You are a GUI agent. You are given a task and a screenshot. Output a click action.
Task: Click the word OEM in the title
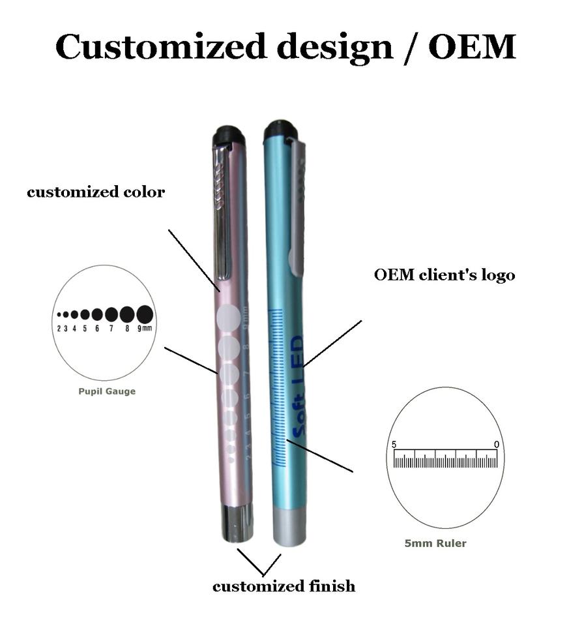click(472, 47)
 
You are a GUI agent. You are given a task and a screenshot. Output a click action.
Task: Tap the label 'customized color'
click(96, 192)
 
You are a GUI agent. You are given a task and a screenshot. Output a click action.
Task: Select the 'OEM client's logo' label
click(445, 275)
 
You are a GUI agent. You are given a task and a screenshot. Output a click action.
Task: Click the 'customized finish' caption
click(284, 586)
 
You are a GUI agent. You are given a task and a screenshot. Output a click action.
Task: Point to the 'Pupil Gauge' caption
click(107, 392)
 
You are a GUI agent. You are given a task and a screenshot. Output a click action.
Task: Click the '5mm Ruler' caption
click(435, 543)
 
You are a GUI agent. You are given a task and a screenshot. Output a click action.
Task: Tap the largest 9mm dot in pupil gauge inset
click(145, 314)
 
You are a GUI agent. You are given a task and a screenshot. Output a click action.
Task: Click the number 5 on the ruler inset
click(394, 445)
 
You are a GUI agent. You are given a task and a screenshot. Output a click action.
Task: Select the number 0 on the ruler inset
click(497, 445)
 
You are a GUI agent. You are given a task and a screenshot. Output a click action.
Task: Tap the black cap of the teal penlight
click(281, 131)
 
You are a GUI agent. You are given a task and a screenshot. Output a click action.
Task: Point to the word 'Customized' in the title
click(160, 47)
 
